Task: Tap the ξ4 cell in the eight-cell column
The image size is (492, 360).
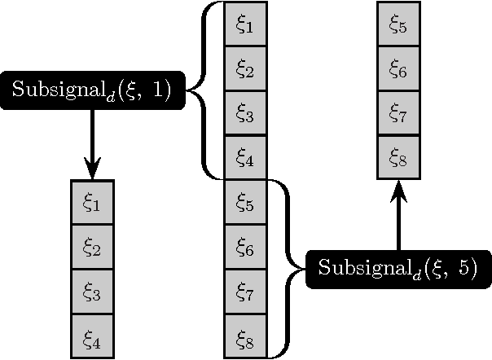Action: click(245, 156)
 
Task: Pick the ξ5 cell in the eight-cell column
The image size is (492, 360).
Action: click(245, 201)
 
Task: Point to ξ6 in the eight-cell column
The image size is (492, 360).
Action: click(245, 246)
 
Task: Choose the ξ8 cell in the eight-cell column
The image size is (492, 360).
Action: click(245, 335)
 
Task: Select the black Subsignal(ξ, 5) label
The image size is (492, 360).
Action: click(398, 268)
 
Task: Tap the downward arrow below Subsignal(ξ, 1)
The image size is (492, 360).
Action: click(91, 143)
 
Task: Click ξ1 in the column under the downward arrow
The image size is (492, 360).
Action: click(91, 201)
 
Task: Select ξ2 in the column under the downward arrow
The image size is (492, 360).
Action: click(91, 246)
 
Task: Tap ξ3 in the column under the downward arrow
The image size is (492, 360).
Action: click(91, 291)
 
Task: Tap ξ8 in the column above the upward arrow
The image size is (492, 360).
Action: click(398, 156)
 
